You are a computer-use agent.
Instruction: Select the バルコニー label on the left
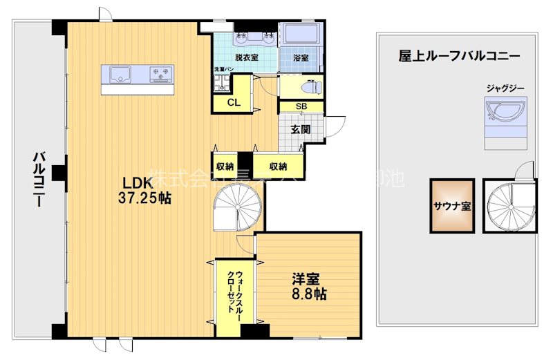(x=39, y=181)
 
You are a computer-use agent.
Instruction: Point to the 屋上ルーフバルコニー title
(x=459, y=56)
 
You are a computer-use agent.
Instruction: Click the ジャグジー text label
(x=505, y=88)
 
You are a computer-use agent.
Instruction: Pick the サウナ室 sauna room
(x=453, y=205)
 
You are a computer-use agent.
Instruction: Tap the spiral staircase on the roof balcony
(x=509, y=205)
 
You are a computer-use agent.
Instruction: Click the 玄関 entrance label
(x=300, y=129)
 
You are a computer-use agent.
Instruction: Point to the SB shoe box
(x=301, y=106)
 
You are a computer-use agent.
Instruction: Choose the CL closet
(x=234, y=103)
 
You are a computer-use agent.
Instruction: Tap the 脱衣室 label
(x=246, y=58)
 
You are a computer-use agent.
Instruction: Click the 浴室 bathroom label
(x=301, y=58)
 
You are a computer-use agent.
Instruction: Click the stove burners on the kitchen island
(x=160, y=72)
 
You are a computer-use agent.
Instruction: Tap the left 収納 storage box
(x=225, y=167)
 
